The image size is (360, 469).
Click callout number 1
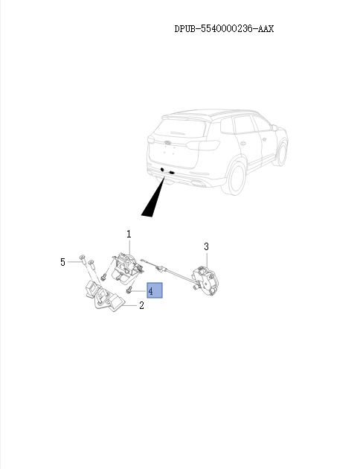tap(129, 234)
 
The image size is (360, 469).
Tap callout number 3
tap(206, 246)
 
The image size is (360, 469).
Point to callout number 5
tap(63, 261)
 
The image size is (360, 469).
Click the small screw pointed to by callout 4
tap(131, 290)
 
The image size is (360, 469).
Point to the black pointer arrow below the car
tap(154, 198)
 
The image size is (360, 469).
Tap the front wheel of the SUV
tap(281, 153)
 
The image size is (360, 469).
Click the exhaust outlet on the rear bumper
tap(171, 173)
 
